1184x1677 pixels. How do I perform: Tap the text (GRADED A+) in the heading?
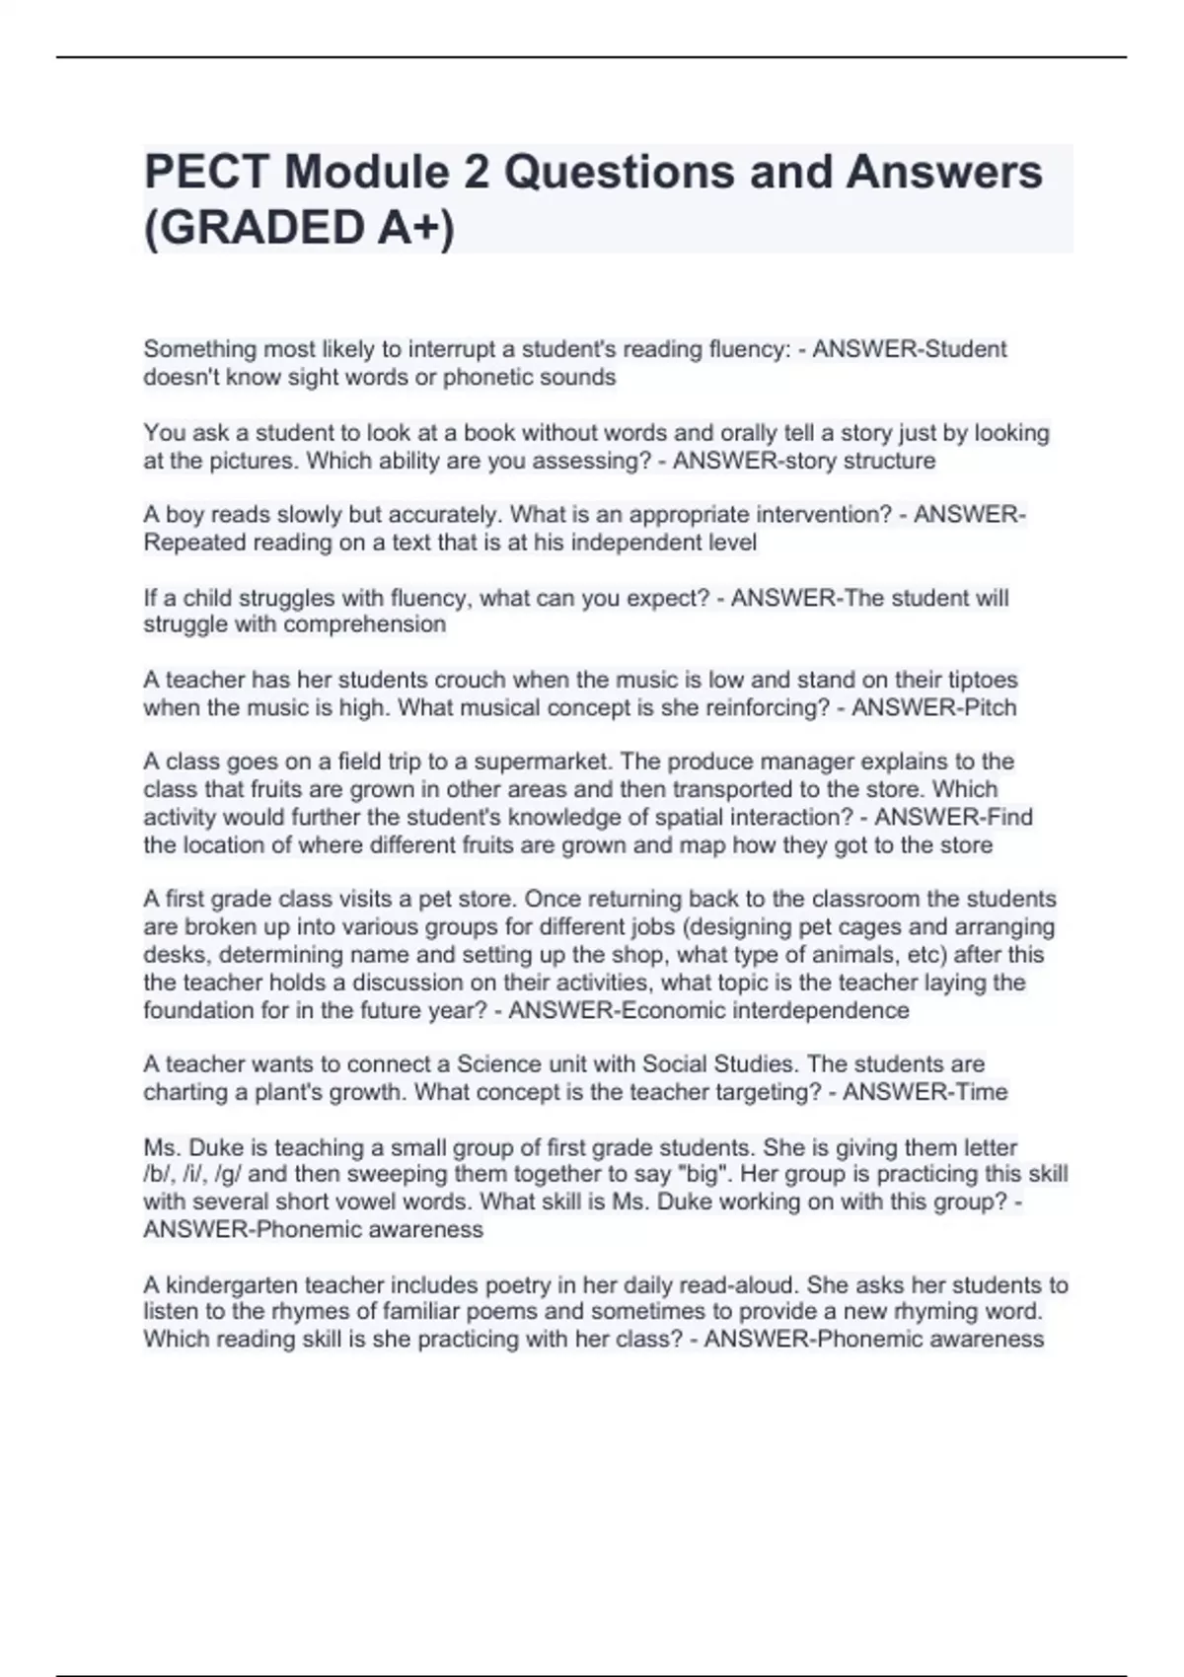click(x=300, y=228)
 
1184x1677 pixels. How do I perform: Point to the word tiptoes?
click(x=983, y=680)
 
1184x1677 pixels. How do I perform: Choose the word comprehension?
click(x=365, y=624)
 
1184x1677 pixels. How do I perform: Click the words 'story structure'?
click(x=855, y=461)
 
